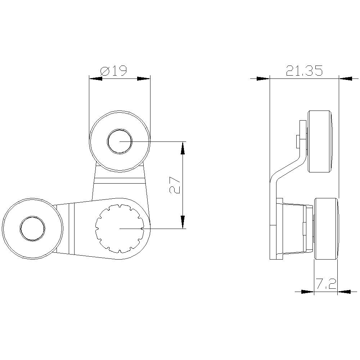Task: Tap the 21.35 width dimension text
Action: [304, 71]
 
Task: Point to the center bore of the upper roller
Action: [120, 141]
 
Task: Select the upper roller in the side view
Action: [319, 141]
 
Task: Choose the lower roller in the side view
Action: [326, 228]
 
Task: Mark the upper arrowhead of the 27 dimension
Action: [183, 148]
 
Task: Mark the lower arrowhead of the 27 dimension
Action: [183, 222]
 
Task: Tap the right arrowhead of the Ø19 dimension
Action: [144, 78]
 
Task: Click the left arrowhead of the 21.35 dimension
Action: [263, 78]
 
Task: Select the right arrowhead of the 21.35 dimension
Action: [346, 78]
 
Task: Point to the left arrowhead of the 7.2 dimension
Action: [307, 292]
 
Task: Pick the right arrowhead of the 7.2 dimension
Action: [344, 292]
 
